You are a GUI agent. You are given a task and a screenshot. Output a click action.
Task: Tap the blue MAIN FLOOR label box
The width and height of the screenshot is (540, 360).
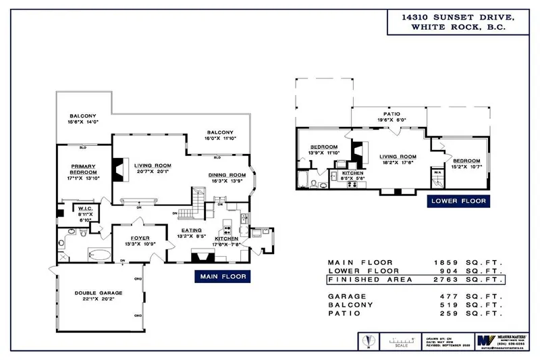(x=221, y=276)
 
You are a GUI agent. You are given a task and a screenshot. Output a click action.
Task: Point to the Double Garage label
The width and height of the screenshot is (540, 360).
(x=94, y=294)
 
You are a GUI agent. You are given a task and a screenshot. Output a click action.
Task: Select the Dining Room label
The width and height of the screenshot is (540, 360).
(x=227, y=174)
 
